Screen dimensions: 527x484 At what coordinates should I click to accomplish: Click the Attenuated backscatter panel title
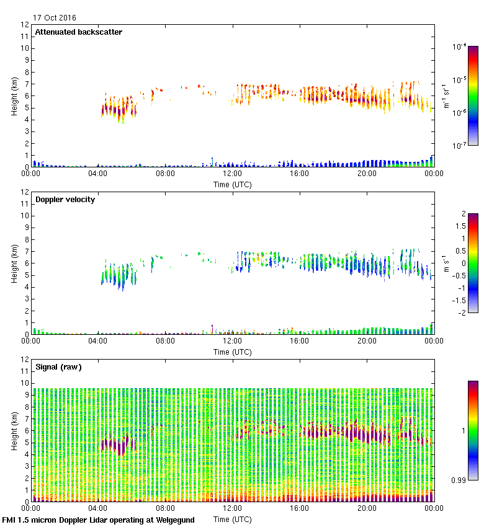pyautogui.click(x=78, y=32)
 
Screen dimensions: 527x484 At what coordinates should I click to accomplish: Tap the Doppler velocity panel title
pyautogui.click(x=65, y=200)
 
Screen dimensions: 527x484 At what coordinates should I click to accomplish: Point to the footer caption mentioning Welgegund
pyautogui.click(x=98, y=520)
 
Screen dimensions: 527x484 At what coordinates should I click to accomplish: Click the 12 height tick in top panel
pyautogui.click(x=24, y=25)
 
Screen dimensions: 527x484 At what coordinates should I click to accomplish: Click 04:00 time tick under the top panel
pyautogui.click(x=98, y=174)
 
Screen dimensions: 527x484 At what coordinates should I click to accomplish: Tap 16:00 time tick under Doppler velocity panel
pyautogui.click(x=300, y=341)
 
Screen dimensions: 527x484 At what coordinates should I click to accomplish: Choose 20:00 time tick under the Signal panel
pyautogui.click(x=367, y=508)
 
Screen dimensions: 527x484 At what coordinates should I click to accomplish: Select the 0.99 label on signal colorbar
pyautogui.click(x=460, y=480)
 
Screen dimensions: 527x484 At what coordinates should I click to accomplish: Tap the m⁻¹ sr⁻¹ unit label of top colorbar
pyautogui.click(x=445, y=96)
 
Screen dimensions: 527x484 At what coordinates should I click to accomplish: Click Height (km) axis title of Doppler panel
pyautogui.click(x=14, y=263)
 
